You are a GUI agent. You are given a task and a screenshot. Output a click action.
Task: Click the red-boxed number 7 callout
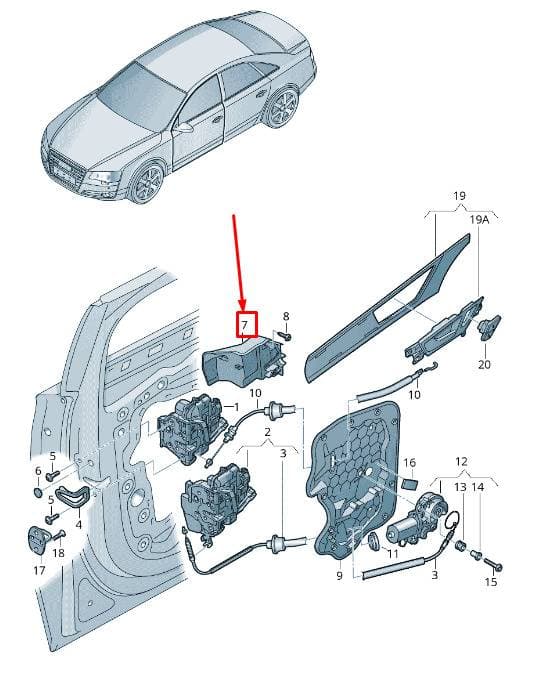pos(246,324)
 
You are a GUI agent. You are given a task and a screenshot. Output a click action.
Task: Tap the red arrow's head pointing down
pos(243,306)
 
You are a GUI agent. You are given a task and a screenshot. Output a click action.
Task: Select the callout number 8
pos(286,316)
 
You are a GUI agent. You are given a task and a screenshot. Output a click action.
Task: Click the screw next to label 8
pos(284,335)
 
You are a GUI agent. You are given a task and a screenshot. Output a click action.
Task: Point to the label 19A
pos(480,219)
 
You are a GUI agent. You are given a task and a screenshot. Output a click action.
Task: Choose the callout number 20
pos(484,364)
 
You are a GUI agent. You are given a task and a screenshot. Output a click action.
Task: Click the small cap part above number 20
pos(489,326)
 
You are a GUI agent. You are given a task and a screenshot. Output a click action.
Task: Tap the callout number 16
pos(409,463)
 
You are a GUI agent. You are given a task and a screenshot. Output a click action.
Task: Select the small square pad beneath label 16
pos(409,482)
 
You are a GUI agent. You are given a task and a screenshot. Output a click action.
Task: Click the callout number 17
pos(39,570)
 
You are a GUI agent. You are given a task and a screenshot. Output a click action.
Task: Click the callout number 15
pos(491,582)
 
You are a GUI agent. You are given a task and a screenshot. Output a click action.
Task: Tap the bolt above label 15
pos(493,563)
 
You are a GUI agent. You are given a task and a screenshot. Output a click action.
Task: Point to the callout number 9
pos(339,576)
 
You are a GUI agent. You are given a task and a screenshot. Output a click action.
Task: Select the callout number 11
pos(393,553)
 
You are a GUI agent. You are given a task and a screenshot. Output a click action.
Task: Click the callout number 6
pos(38,471)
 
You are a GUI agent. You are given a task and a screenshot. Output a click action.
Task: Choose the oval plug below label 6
pos(38,493)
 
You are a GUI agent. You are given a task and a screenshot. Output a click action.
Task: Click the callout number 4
pos(79,525)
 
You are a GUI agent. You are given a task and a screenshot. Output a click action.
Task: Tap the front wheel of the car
pos(148,183)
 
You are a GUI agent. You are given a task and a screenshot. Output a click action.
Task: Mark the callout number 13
pos(461,487)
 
